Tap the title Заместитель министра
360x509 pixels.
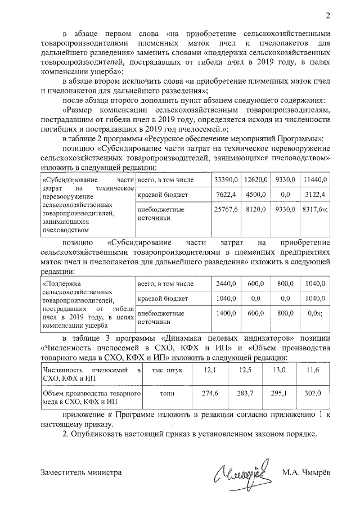point(82,473)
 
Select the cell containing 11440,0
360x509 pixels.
point(314,179)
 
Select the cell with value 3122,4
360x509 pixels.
point(314,194)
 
